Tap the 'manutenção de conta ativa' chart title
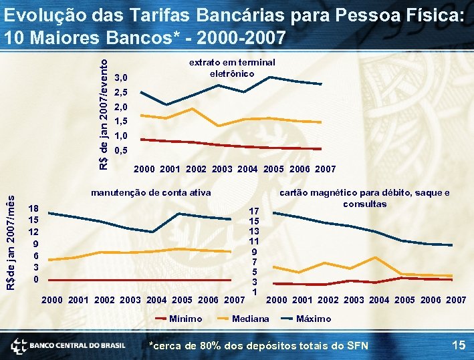click(x=150, y=192)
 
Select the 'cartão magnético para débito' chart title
click(x=364, y=198)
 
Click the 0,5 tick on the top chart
click(x=122, y=150)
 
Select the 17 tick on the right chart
click(x=254, y=211)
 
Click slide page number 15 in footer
click(x=458, y=345)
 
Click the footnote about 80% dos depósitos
click(x=258, y=345)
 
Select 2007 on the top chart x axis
click(x=325, y=169)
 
